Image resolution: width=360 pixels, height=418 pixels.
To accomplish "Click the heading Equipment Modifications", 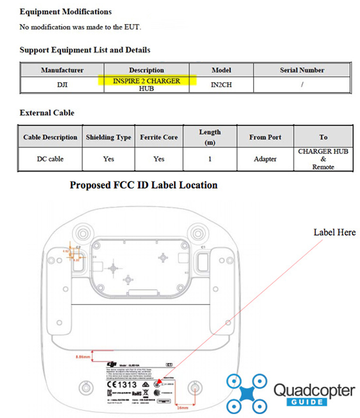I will (65, 12).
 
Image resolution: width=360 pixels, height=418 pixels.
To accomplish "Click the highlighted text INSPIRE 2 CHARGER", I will (146, 81).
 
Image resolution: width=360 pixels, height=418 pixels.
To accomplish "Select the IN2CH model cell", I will (221, 85).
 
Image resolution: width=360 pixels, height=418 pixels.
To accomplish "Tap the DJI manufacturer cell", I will (62, 85).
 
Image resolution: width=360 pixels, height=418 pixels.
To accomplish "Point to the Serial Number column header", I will (302, 70).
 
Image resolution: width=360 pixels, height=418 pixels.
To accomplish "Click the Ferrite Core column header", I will (159, 137).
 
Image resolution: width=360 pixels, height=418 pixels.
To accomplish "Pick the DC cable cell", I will (50, 159).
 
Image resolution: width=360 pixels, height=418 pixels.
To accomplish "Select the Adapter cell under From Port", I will (265, 159).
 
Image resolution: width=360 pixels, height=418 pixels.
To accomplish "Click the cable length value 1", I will (210, 159).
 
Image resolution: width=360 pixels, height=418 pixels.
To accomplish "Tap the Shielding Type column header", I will (108, 137).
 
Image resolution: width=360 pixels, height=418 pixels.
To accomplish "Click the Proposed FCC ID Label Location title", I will (144, 185).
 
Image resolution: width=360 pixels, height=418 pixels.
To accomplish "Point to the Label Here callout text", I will (335, 232).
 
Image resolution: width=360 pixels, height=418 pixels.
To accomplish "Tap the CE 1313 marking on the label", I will (121, 384).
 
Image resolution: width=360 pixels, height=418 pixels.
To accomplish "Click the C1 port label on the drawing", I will (204, 247).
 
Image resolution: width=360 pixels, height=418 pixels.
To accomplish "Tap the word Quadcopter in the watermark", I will (314, 390).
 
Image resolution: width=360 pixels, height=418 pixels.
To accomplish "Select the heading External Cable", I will (47, 113).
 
